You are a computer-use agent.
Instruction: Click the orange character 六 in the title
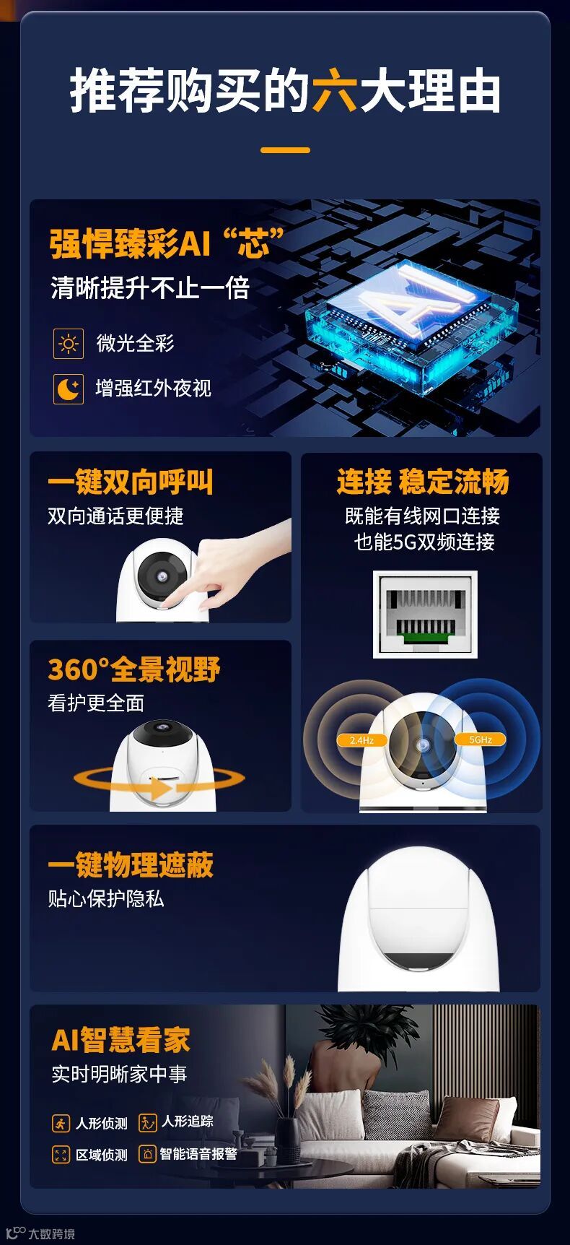(x=335, y=91)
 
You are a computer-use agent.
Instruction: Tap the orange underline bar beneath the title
(x=285, y=150)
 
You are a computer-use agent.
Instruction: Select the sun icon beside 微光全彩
(x=69, y=344)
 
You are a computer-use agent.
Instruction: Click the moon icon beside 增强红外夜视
(x=69, y=389)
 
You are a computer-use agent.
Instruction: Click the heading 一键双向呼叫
(x=131, y=482)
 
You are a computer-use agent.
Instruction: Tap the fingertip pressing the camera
(x=168, y=597)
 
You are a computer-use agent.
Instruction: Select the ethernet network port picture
(x=424, y=614)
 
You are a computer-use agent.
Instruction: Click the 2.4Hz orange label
(x=361, y=740)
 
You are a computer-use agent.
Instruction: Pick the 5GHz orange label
(x=481, y=739)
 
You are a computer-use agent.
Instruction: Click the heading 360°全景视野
(x=134, y=669)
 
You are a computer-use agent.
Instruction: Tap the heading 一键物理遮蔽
(x=131, y=865)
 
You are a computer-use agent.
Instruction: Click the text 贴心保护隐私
(x=106, y=898)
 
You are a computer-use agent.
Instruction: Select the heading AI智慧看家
(x=120, y=1040)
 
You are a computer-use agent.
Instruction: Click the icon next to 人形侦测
(x=61, y=1123)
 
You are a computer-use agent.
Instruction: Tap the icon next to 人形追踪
(x=147, y=1122)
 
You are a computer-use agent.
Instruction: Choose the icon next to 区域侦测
(x=61, y=1155)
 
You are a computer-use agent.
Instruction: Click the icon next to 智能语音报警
(x=147, y=1154)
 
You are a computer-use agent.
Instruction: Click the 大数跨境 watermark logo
(x=40, y=1233)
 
